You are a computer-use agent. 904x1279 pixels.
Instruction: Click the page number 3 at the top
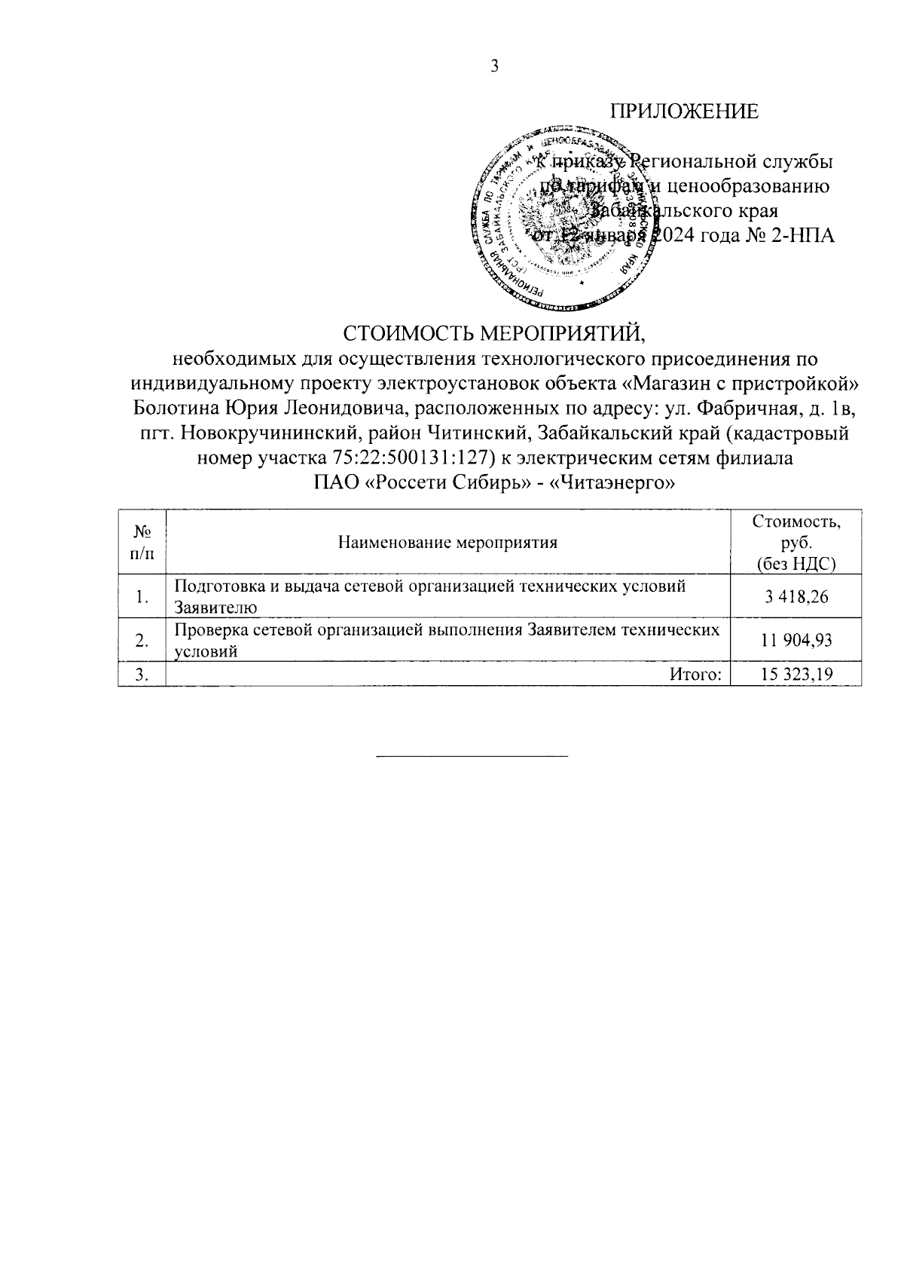pos(494,67)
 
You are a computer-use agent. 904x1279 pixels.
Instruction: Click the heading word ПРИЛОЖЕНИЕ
pos(684,112)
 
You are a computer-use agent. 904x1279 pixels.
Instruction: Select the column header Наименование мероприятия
pos(448,542)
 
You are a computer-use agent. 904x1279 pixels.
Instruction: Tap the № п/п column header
pos(142,542)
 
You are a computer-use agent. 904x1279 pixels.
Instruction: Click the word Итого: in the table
pos(696,675)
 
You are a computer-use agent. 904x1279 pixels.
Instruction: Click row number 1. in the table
pos(141,598)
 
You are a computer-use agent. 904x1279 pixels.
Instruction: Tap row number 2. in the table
pos(141,641)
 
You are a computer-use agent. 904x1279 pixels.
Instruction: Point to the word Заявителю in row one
pos(215,607)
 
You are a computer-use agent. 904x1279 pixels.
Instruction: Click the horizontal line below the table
pos(472,755)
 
